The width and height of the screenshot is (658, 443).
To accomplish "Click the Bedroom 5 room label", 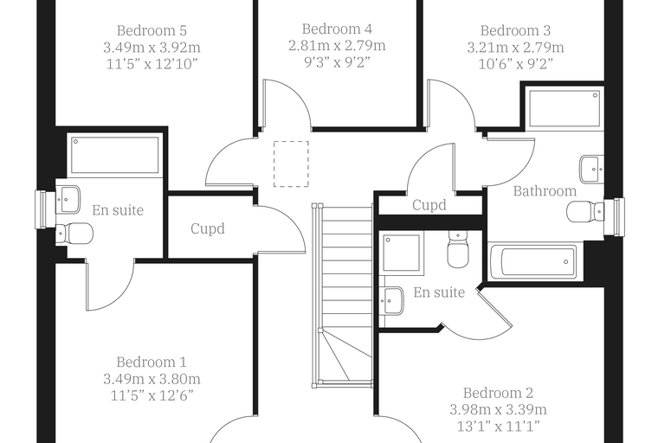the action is coord(152,30).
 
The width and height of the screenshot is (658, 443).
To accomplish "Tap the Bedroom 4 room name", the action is coord(337,29).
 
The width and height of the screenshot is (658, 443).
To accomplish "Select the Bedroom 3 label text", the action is coord(515,30).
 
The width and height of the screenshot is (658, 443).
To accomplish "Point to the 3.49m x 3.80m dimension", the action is coord(152,379).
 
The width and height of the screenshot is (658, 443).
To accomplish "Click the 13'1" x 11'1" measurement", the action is coord(498,427).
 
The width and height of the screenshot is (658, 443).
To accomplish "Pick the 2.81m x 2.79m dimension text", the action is coord(337,45).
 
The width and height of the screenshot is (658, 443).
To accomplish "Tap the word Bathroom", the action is coord(545,191).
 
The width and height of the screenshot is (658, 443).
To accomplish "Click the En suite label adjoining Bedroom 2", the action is coord(439,292).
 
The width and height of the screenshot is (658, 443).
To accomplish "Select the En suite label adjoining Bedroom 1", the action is coord(118,209).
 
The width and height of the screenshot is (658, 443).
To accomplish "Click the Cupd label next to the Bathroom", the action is coord(429,205).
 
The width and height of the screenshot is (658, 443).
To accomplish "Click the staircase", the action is coord(343,295).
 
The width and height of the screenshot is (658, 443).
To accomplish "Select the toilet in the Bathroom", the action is coord(585,211).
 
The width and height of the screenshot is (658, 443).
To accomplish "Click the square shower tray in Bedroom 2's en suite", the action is coord(401,253).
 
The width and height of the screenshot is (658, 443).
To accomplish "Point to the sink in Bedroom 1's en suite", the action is coord(68,200).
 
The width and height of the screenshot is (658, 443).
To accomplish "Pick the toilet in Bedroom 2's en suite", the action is coord(458,249).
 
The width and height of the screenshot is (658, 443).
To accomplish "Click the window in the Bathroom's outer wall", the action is coord(615,217).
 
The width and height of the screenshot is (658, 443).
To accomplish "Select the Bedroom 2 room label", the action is coord(498,393).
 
